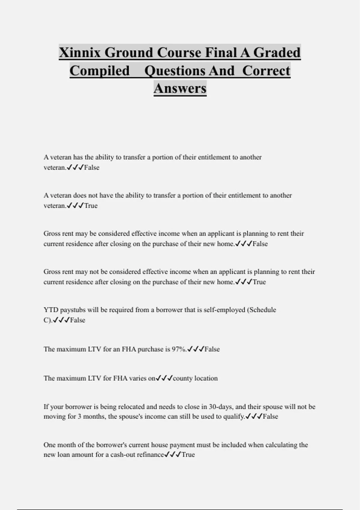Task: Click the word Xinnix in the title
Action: point(80,53)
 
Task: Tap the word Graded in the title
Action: point(277,53)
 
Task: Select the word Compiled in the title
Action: point(100,71)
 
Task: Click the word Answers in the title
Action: point(180,88)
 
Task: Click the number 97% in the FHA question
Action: point(179,349)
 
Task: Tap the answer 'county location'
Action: point(195,378)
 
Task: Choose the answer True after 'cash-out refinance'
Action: point(188,455)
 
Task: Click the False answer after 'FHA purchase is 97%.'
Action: point(212,349)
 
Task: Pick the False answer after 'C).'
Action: point(78,320)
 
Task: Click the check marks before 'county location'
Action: point(164,378)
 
